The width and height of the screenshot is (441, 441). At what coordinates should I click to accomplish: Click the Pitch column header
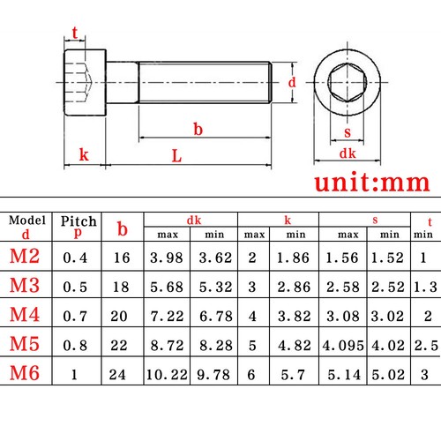pyautogui.click(x=78, y=220)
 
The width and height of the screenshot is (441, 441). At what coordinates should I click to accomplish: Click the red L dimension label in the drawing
pyautogui.click(x=176, y=156)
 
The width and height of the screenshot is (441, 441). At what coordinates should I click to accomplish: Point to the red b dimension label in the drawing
pyautogui.click(x=198, y=129)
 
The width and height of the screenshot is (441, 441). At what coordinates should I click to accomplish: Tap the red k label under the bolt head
pyautogui.click(x=83, y=155)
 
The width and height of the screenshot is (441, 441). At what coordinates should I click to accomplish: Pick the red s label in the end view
pyautogui.click(x=347, y=133)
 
